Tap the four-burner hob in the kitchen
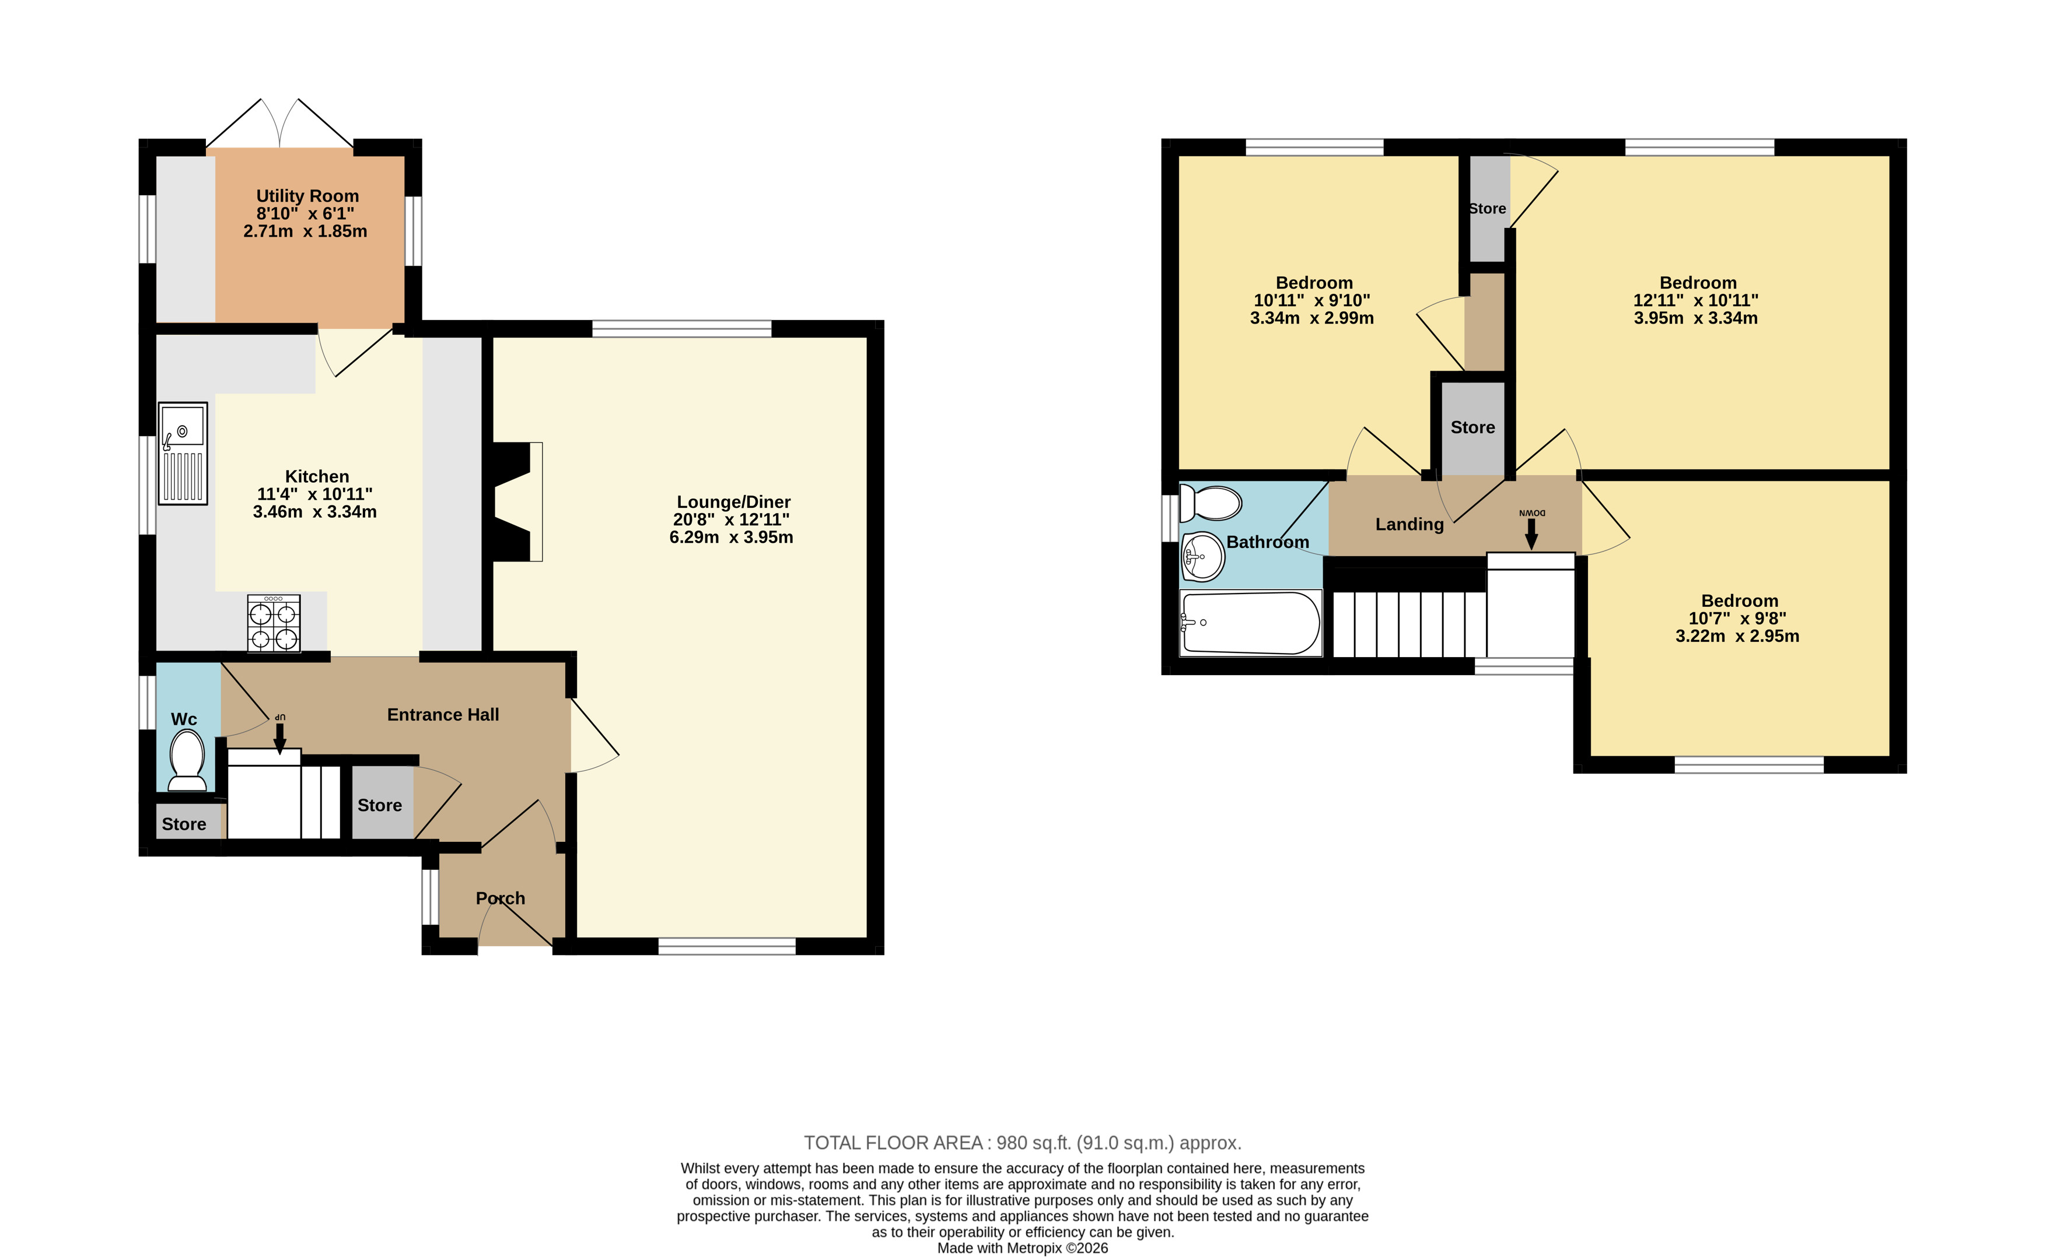[274, 623]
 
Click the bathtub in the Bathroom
[1250, 623]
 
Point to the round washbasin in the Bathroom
[1202, 557]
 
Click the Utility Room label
[307, 196]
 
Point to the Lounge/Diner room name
[733, 502]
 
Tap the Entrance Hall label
[443, 715]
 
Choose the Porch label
[501, 898]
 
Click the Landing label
[1410, 525]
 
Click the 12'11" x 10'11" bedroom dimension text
[1696, 301]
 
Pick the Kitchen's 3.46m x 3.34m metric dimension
[315, 512]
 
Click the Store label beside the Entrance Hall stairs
[380, 806]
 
